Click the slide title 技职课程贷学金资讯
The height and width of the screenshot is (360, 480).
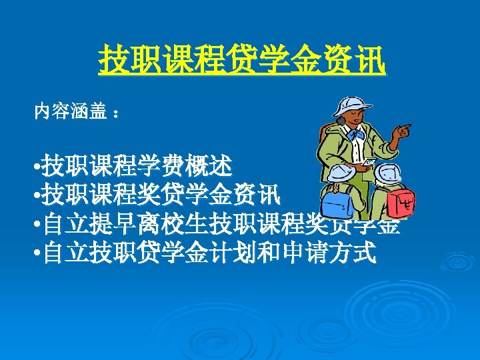[241, 61]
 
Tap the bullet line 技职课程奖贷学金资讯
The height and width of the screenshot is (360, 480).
[160, 195]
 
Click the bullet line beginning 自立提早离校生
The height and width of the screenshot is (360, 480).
[220, 224]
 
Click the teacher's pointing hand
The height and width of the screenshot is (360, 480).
[401, 131]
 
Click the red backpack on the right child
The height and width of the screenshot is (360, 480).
[402, 202]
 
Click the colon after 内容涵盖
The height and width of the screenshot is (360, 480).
[117, 114]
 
